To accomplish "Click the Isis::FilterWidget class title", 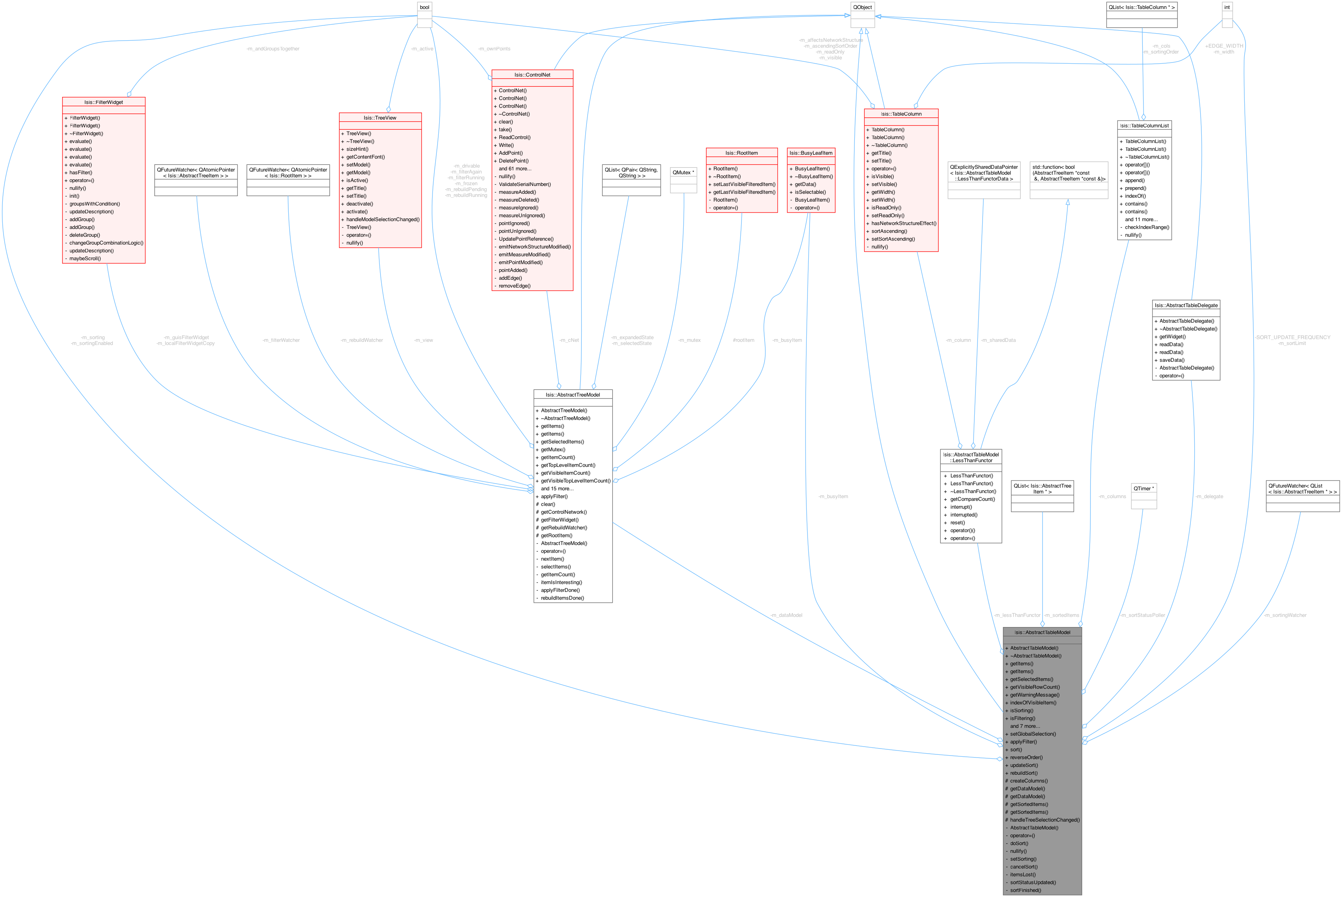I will tap(104, 102).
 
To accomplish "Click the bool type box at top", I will tap(424, 7).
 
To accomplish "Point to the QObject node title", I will tap(862, 7).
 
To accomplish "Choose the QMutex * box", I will tap(683, 172).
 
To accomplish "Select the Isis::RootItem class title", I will tap(742, 153).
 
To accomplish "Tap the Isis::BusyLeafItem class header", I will tap(811, 153).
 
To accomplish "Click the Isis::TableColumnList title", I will tap(1144, 126).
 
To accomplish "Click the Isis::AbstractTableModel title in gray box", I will tap(1042, 632).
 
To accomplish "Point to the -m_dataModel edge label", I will tap(786, 615).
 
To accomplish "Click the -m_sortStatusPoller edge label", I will tap(1142, 615).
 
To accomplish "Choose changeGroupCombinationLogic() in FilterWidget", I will tap(106, 243).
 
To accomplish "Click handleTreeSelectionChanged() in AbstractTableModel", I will tap(1045, 820).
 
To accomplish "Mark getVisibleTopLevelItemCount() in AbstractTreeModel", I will tap(575, 481).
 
